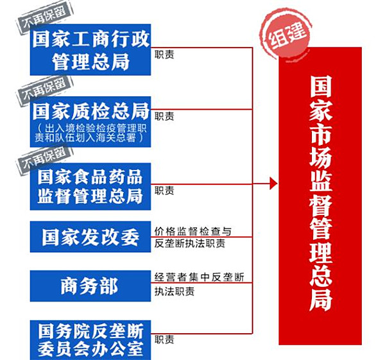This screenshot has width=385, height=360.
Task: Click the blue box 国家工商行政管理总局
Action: point(90,49)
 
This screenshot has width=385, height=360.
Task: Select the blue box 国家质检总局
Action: point(90,122)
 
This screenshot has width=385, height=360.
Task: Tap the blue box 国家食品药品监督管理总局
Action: point(90,186)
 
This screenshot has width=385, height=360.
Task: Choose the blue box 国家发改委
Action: point(90,237)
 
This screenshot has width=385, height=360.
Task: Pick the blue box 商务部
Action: point(90,286)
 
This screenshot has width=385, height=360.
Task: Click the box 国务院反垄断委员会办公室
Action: point(90,340)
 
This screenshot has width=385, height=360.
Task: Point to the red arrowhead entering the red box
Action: point(273,184)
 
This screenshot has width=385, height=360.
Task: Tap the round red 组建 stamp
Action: point(286,34)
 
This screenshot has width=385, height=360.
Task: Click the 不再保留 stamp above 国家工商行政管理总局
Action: point(45,18)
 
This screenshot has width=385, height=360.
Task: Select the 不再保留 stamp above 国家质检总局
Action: point(45,89)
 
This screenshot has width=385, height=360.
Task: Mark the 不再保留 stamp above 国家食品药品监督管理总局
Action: point(45,160)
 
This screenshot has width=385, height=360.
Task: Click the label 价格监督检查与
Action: point(193,231)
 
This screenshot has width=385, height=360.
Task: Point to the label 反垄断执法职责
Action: point(190,243)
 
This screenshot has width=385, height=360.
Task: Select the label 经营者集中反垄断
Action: point(200,277)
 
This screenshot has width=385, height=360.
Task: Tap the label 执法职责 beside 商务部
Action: point(175,291)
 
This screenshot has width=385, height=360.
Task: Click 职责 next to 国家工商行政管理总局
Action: point(164,55)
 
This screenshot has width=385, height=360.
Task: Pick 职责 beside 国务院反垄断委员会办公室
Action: point(164,339)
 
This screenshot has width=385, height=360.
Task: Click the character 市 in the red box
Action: point(321,134)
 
